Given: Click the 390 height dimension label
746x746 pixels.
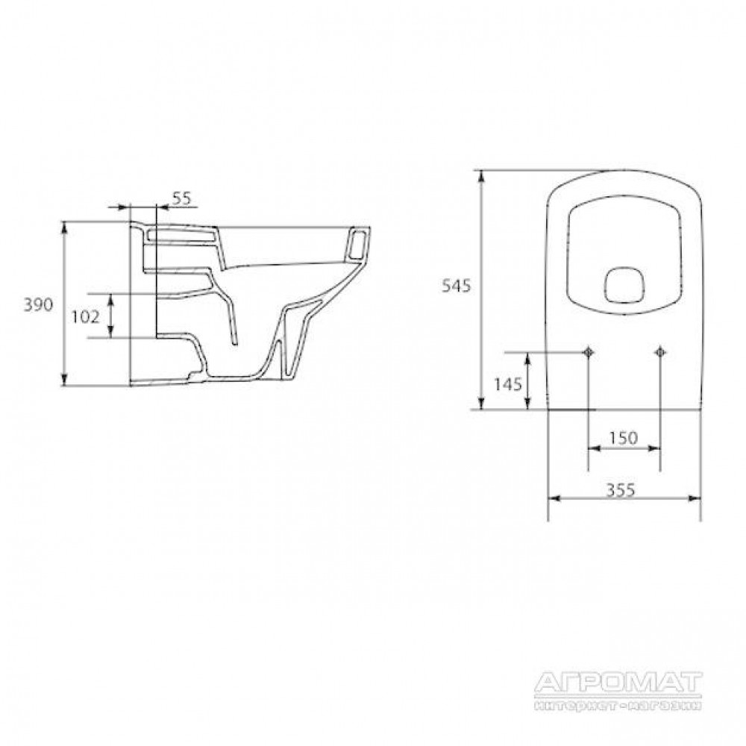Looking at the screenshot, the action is pyautogui.click(x=39, y=305).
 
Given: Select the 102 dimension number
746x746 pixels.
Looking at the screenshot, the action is pyautogui.click(x=86, y=316).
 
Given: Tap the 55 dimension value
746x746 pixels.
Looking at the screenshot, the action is pyautogui.click(x=181, y=198).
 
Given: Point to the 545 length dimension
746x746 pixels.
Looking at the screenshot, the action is pyautogui.click(x=457, y=286).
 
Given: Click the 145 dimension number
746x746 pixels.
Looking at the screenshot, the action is pyautogui.click(x=508, y=383).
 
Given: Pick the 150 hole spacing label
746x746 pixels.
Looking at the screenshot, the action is pyautogui.click(x=623, y=438).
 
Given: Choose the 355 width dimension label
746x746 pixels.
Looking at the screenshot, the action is pyautogui.click(x=621, y=489).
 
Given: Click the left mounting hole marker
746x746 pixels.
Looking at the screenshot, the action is pyautogui.click(x=589, y=352).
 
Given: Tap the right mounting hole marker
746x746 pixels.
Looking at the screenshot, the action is pyautogui.click(x=660, y=352).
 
